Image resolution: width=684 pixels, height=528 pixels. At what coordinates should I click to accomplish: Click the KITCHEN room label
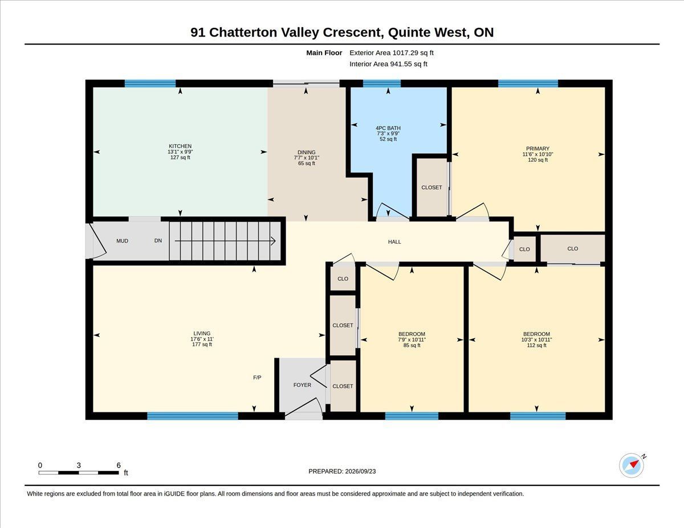click(x=180, y=146)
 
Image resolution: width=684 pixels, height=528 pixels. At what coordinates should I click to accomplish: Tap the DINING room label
click(x=306, y=152)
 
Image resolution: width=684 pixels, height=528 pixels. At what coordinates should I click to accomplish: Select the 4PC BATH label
click(x=388, y=128)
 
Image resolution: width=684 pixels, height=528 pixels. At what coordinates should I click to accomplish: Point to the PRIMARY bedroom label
click(x=538, y=149)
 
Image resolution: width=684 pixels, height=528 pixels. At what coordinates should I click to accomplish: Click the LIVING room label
click(x=202, y=333)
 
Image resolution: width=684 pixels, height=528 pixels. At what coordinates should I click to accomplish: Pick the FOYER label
click(x=302, y=385)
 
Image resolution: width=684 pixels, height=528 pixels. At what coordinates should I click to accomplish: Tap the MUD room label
click(x=122, y=241)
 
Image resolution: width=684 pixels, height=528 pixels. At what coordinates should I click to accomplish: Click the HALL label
click(x=394, y=242)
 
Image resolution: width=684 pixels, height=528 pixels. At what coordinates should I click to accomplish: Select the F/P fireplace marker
click(x=257, y=378)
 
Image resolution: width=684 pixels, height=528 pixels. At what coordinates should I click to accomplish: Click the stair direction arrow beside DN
click(x=225, y=241)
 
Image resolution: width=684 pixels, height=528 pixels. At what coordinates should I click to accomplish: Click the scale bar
click(x=79, y=473)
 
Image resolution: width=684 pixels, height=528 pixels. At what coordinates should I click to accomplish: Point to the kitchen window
click(x=150, y=84)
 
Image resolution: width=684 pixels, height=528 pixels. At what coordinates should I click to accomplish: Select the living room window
click(x=193, y=416)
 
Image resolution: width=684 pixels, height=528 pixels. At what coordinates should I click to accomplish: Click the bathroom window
click(x=382, y=84)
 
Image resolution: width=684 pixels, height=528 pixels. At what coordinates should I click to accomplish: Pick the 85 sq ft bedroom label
click(x=412, y=339)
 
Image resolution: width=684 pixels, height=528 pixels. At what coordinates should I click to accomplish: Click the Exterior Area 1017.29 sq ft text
click(x=391, y=53)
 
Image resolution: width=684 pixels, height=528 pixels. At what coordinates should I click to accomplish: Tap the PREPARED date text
click(x=342, y=472)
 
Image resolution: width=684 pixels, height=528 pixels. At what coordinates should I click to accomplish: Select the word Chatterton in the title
click(x=243, y=32)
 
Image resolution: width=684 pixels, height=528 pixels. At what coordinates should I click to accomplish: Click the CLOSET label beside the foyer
click(x=343, y=386)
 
